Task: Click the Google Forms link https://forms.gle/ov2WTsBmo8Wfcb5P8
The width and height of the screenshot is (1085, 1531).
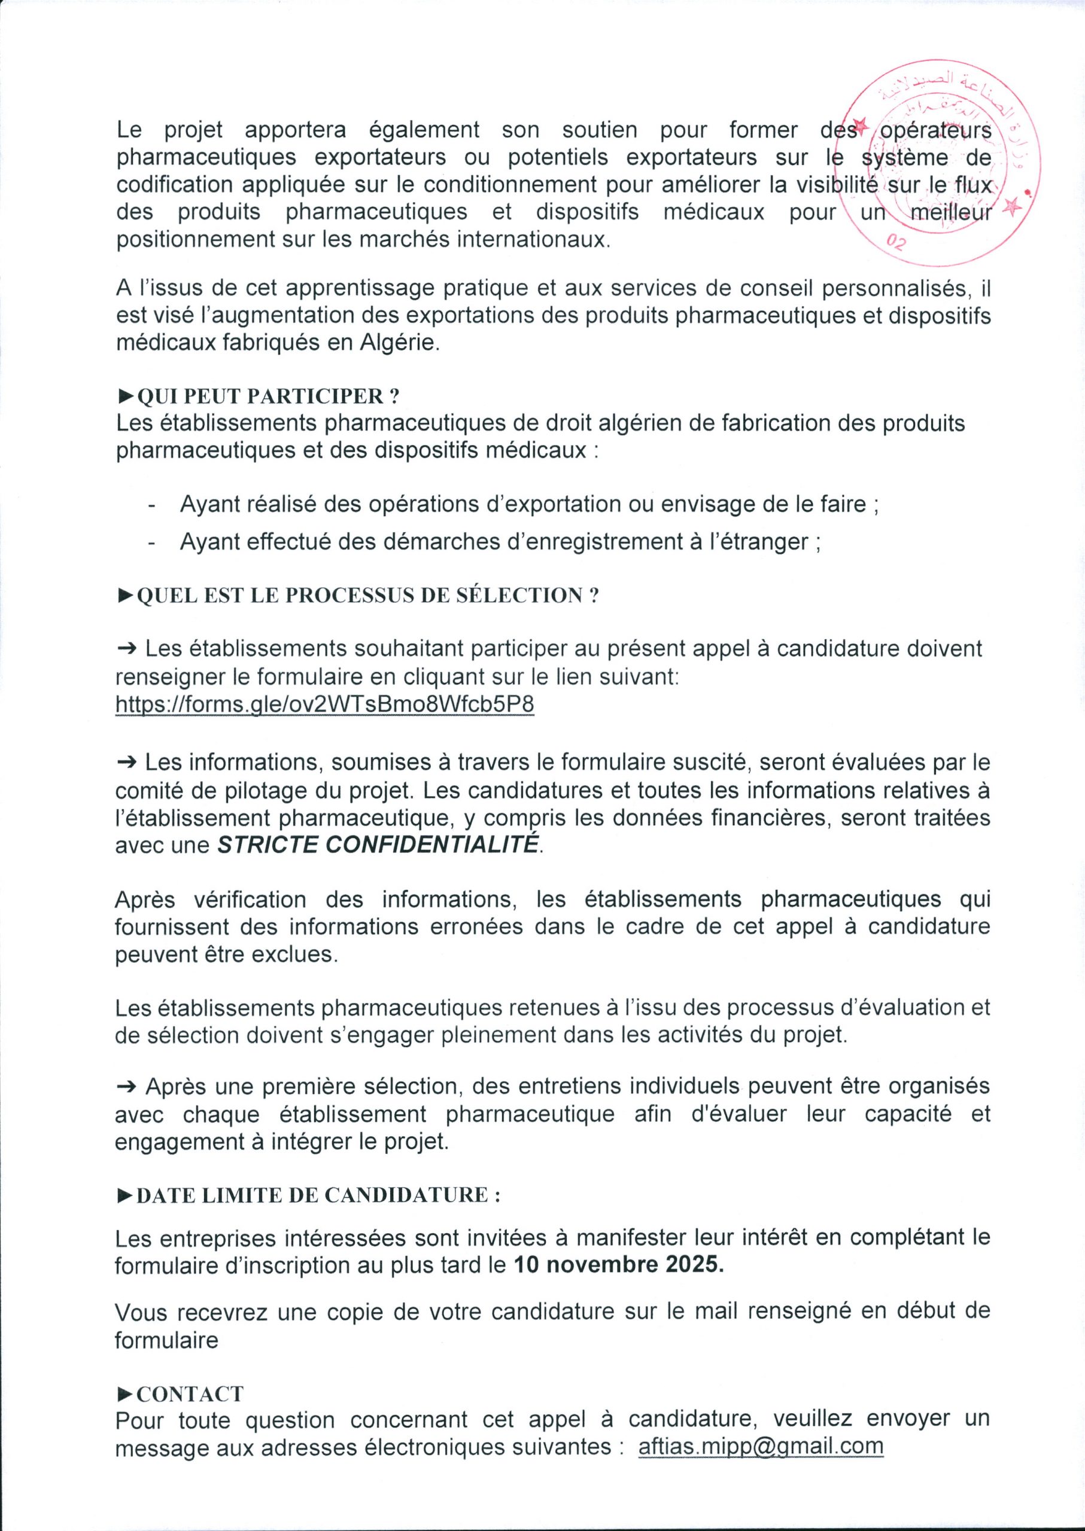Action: pyautogui.click(x=325, y=704)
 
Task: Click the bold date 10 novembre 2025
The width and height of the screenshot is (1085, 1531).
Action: pyautogui.click(x=618, y=1265)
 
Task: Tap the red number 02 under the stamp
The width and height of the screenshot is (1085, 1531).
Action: pyautogui.click(x=896, y=242)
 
